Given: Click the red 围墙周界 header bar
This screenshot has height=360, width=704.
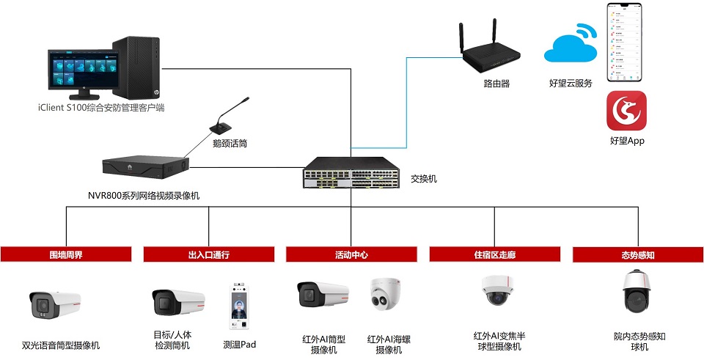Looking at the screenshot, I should (x=66, y=254).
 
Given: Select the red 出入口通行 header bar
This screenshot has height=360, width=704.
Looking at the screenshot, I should (x=209, y=254).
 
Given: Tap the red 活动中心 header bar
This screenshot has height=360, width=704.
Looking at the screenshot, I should (x=351, y=254).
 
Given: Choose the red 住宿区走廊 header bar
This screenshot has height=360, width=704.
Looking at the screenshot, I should (x=495, y=254).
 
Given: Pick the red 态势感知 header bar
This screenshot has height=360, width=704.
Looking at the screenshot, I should (x=637, y=254).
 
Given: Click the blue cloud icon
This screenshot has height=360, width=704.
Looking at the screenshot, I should (x=570, y=46).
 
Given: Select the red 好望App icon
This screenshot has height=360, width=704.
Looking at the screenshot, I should (x=626, y=110).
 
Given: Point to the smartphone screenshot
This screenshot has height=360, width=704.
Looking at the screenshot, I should (x=626, y=42).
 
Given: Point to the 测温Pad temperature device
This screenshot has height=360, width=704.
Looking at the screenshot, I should (x=240, y=309).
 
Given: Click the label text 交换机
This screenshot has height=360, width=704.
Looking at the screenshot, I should (x=424, y=178).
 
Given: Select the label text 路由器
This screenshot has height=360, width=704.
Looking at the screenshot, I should (x=496, y=84).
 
